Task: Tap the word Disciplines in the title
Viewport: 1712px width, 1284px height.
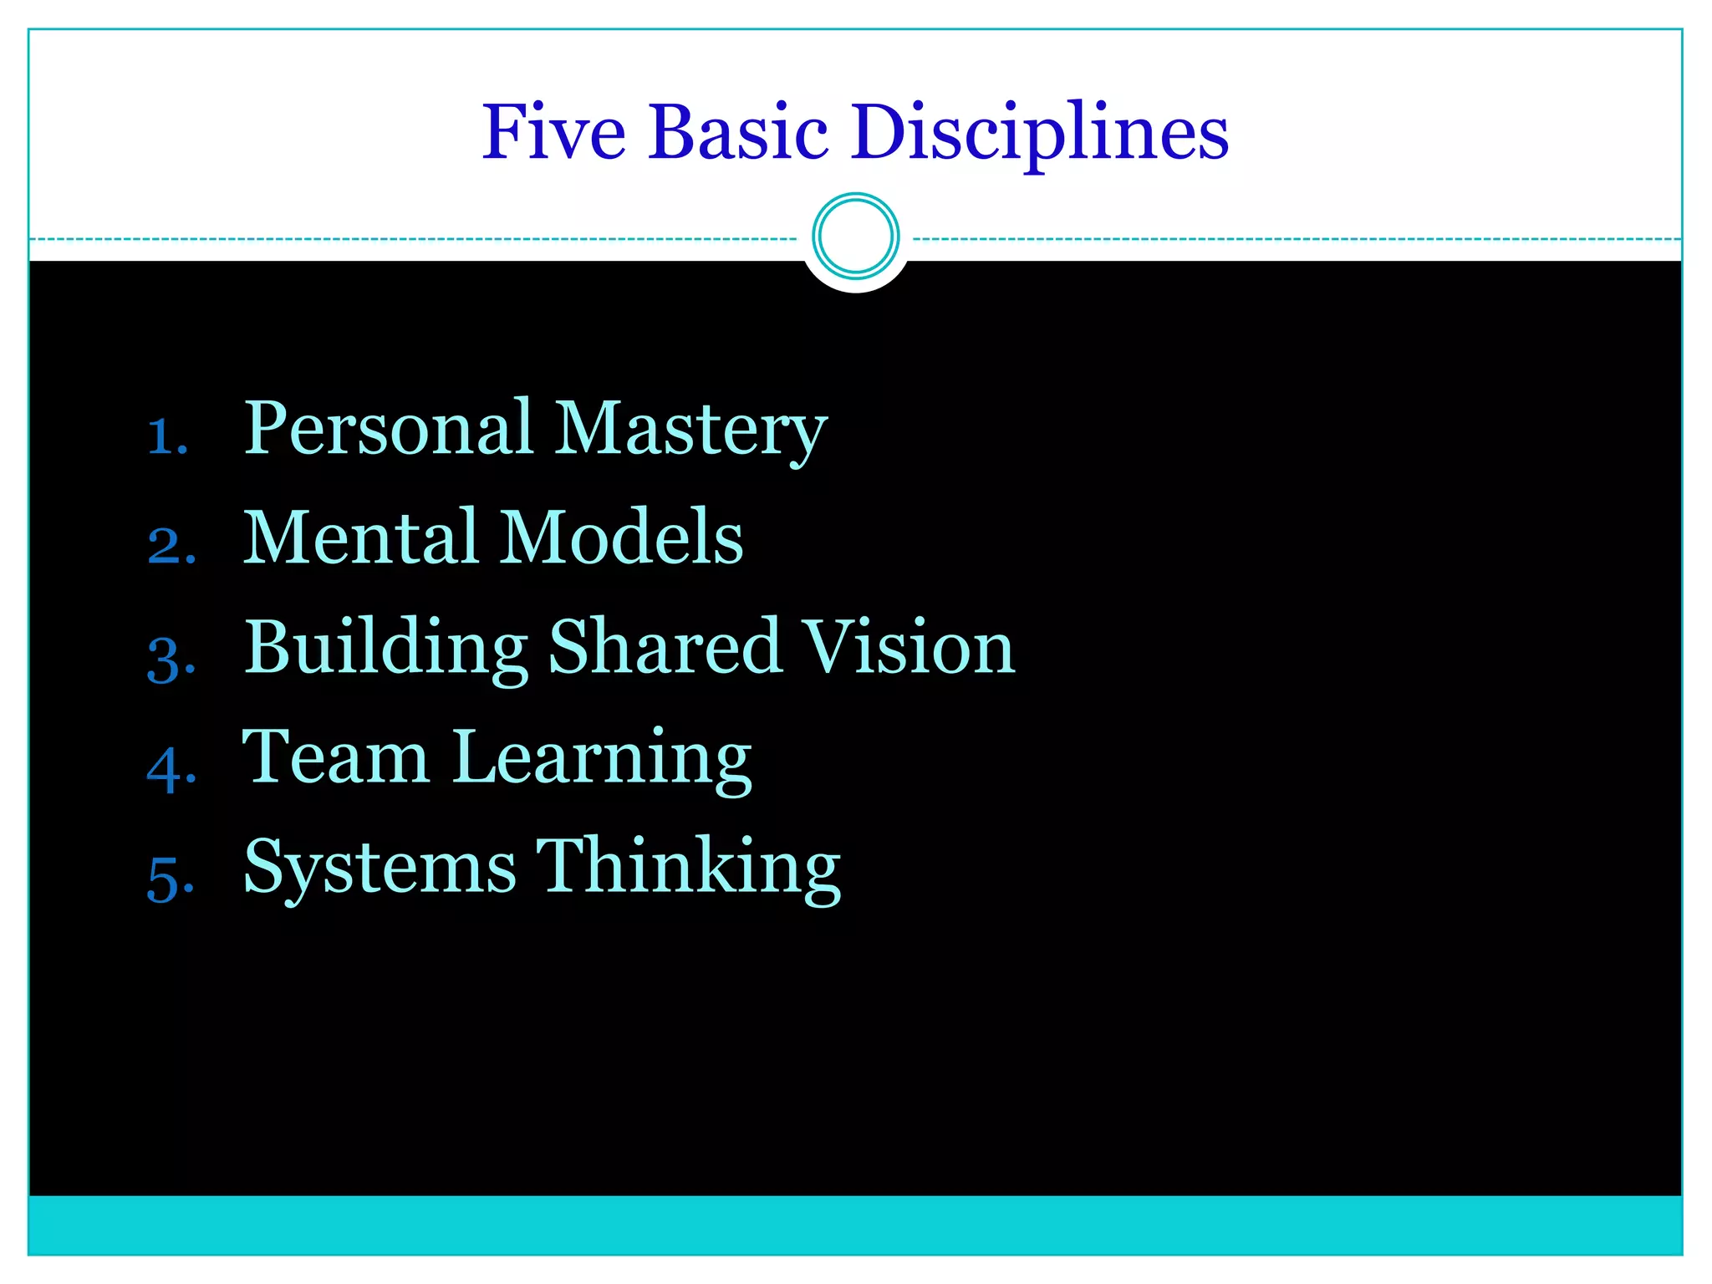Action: (x=1040, y=134)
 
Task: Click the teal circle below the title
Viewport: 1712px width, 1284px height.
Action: (x=855, y=236)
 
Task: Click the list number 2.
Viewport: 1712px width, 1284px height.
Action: (x=171, y=546)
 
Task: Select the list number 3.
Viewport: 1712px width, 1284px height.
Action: (x=171, y=658)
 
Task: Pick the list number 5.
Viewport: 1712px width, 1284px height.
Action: (x=171, y=879)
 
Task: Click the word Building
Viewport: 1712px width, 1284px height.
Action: (x=385, y=649)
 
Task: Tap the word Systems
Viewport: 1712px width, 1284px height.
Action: (x=380, y=869)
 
